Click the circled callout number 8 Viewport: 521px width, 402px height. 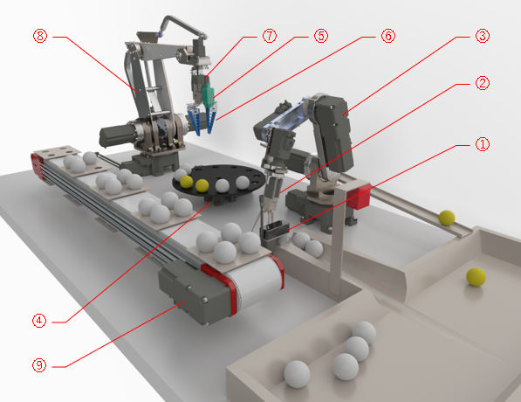(40, 36)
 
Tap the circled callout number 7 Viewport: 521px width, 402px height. (270, 36)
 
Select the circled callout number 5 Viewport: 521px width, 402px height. (321, 36)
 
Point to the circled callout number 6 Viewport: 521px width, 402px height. (388, 36)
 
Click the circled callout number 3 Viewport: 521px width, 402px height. (483, 36)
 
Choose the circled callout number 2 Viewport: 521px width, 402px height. (483, 83)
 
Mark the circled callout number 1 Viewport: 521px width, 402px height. (483, 144)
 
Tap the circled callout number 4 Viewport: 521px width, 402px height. (39, 321)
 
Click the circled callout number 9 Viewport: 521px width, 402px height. (39, 365)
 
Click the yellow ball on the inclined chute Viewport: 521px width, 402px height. (447, 218)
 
